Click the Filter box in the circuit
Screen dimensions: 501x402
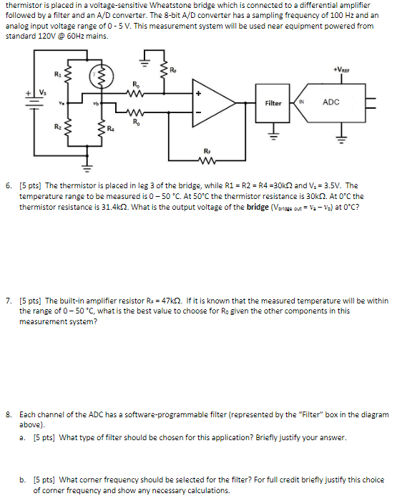click(273, 103)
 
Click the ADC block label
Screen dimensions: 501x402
click(331, 102)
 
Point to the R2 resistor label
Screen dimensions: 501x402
click(57, 127)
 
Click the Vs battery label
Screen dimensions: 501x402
click(42, 92)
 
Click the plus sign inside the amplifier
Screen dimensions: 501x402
click(200, 93)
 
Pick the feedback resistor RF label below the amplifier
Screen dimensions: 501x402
click(207, 152)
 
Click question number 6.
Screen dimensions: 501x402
click(8, 185)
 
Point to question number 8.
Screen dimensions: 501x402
click(8, 414)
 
